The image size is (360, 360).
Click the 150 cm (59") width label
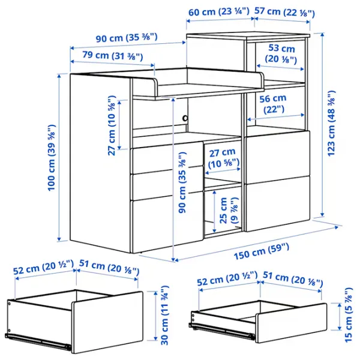coord(261,251)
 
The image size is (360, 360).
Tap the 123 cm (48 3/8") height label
coord(331,123)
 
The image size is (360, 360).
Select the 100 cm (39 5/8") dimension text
coord(52,157)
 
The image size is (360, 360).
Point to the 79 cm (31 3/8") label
coord(113,56)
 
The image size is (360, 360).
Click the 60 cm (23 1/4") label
coord(219,11)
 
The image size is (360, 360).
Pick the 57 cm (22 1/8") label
coord(284,12)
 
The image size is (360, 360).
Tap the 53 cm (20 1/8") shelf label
coord(281,53)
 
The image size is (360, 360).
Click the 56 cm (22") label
coord(273,104)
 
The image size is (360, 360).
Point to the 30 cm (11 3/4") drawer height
coord(165,315)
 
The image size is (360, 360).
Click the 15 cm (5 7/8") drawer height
coord(348,314)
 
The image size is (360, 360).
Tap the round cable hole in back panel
coord(185,118)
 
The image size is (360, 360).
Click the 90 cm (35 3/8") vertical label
coord(182,182)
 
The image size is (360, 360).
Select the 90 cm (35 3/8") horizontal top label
coord(127,37)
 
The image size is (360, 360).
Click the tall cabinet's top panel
coord(248,35)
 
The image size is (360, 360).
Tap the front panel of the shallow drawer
coord(291,323)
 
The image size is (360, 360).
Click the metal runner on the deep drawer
coord(38,341)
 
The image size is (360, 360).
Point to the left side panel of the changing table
coord(100,163)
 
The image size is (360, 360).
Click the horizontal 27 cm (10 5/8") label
coord(223,158)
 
